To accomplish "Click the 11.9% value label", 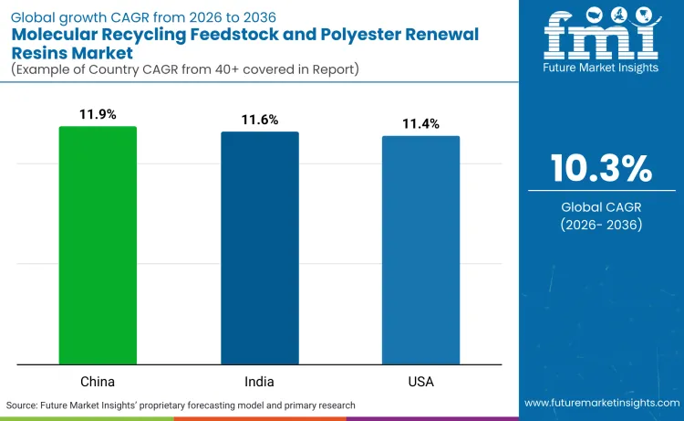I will click(98, 115).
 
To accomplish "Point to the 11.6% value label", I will click(259, 120).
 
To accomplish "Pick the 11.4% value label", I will click(420, 123).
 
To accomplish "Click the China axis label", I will click(98, 380).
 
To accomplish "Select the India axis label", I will click(259, 380).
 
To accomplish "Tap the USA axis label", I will click(420, 380).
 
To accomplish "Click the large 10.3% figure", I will click(601, 169).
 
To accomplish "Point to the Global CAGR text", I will click(601, 207).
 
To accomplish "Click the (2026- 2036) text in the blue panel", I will click(601, 225).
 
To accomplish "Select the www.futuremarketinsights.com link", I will click(601, 404).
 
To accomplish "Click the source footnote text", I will click(181, 404).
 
